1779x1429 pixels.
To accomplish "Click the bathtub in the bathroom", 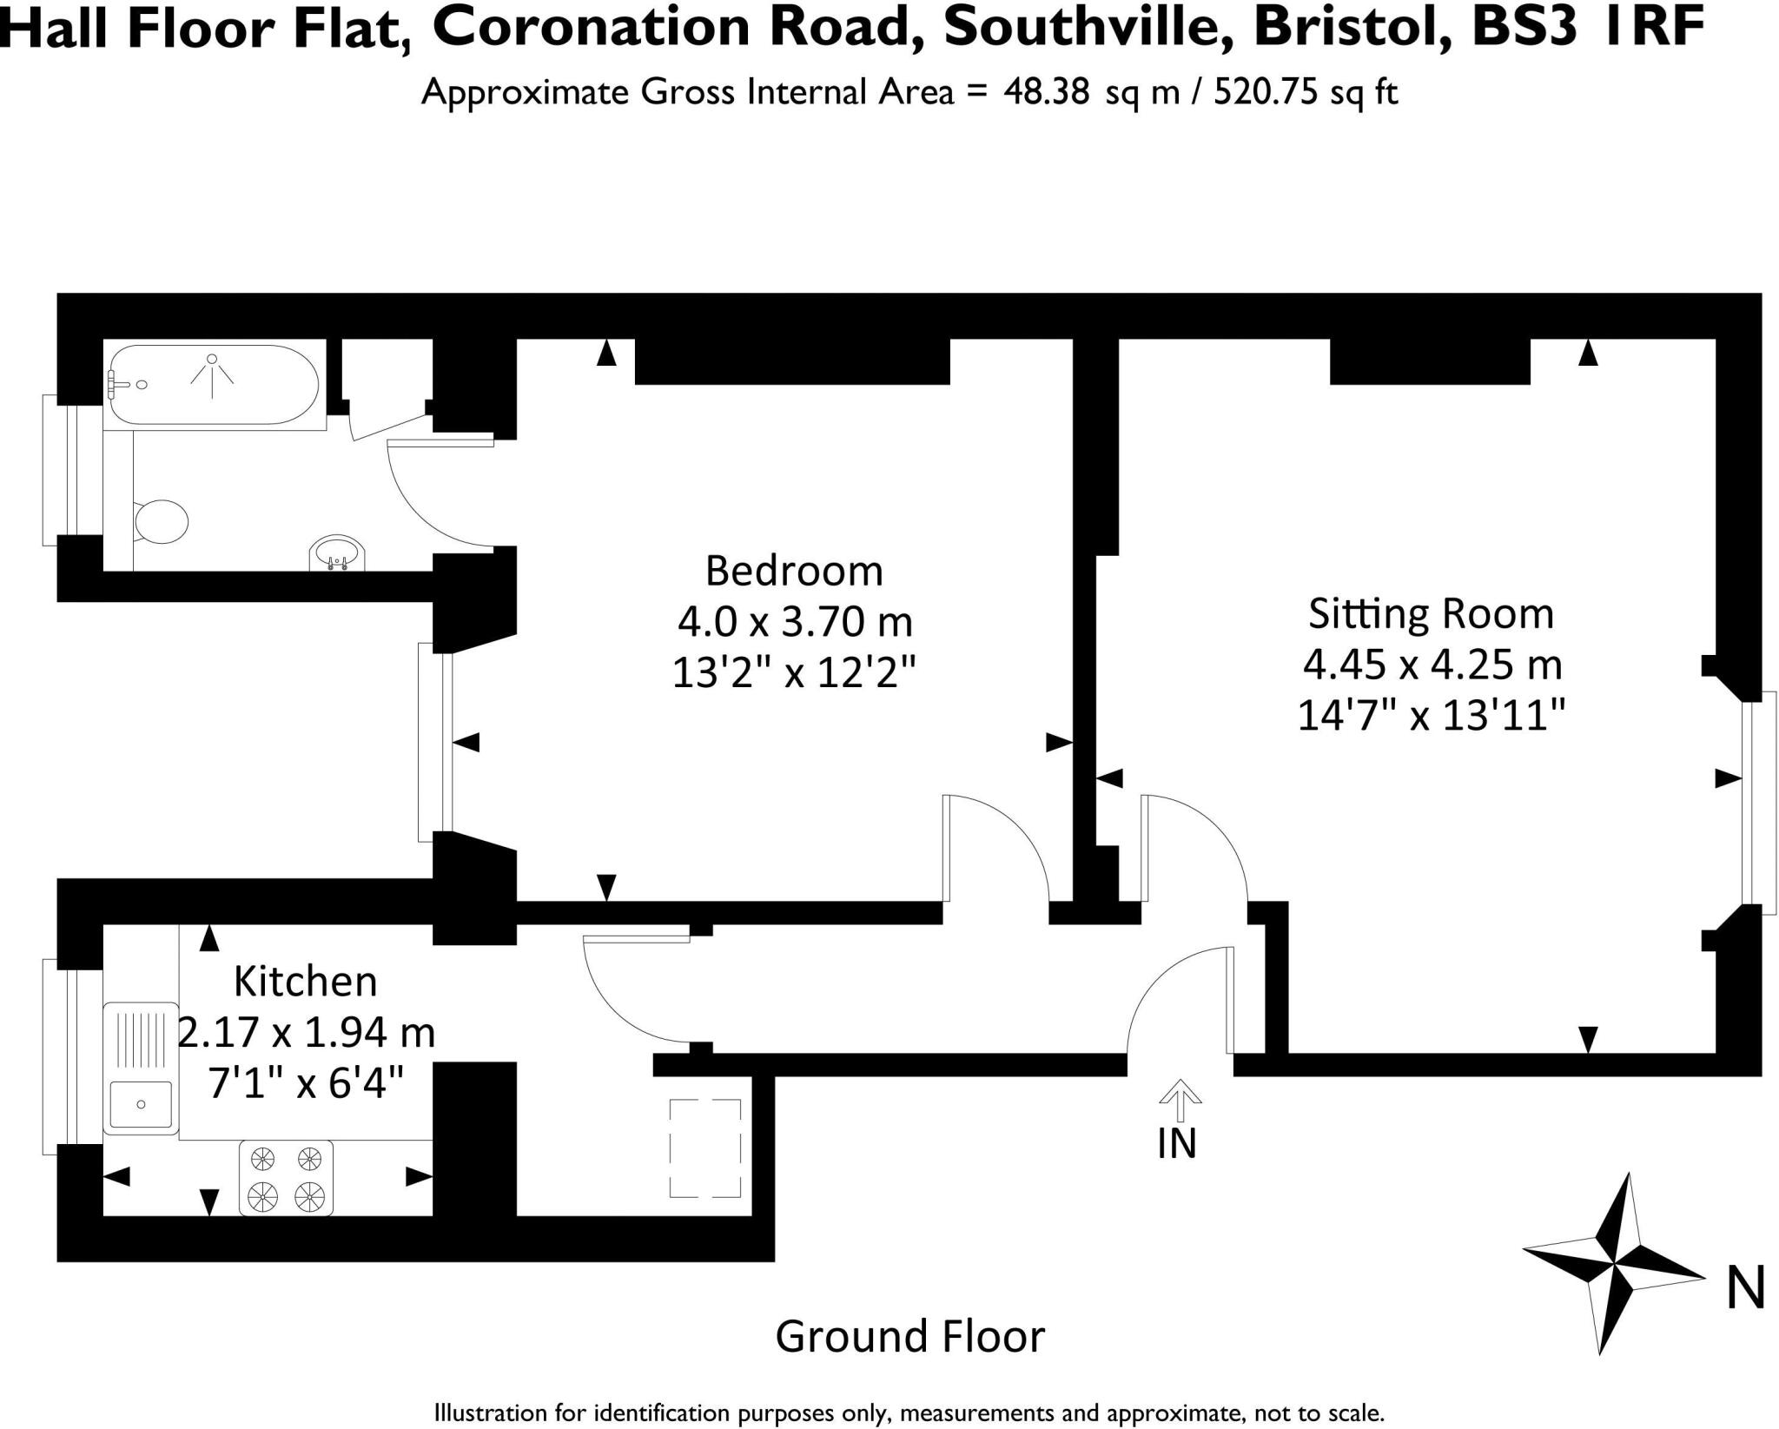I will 213,385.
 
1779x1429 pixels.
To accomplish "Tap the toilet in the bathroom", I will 162,522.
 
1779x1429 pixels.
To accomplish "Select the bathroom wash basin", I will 337,553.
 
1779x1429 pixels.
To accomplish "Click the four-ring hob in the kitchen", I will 286,1177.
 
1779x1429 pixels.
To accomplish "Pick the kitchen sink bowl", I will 141,1104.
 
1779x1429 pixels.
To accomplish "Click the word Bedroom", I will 793,572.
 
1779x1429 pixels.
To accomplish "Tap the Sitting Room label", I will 1431,613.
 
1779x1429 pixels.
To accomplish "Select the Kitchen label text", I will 306,982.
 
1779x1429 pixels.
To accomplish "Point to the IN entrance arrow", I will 1179,1100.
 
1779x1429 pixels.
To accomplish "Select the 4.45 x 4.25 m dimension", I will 1432,665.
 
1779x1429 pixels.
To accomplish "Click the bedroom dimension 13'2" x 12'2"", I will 794,672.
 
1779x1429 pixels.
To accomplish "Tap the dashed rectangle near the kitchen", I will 704,1148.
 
